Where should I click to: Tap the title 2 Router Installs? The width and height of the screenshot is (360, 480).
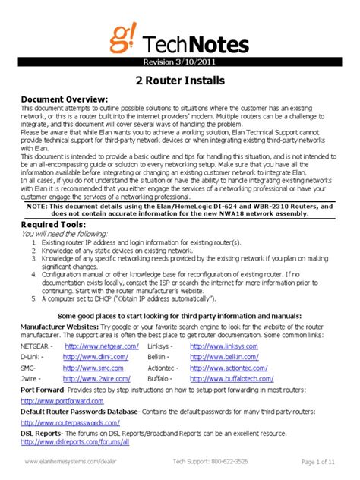tap(179, 81)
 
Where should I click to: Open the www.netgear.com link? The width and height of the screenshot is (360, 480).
tap(100, 346)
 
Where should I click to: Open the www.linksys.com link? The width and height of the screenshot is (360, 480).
tap(224, 346)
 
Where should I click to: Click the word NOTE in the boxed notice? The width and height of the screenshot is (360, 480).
tap(37, 206)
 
